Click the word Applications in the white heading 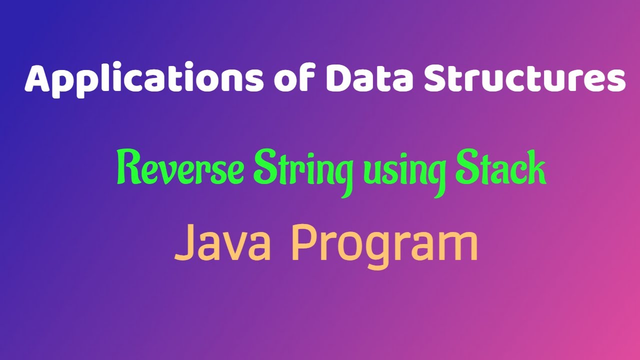tap(143, 80)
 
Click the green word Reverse tap(180, 170)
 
